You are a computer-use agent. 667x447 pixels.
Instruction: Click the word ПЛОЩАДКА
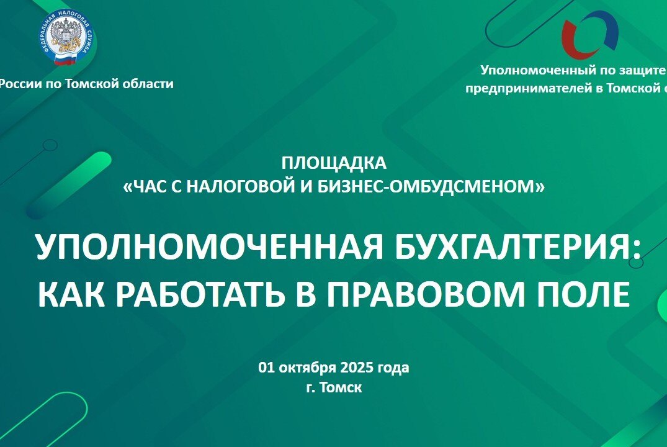(333, 163)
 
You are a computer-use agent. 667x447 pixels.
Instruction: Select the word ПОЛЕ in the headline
(581, 295)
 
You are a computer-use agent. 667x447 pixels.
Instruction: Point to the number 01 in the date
(266, 368)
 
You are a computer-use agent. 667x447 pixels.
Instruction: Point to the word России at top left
(18, 84)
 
